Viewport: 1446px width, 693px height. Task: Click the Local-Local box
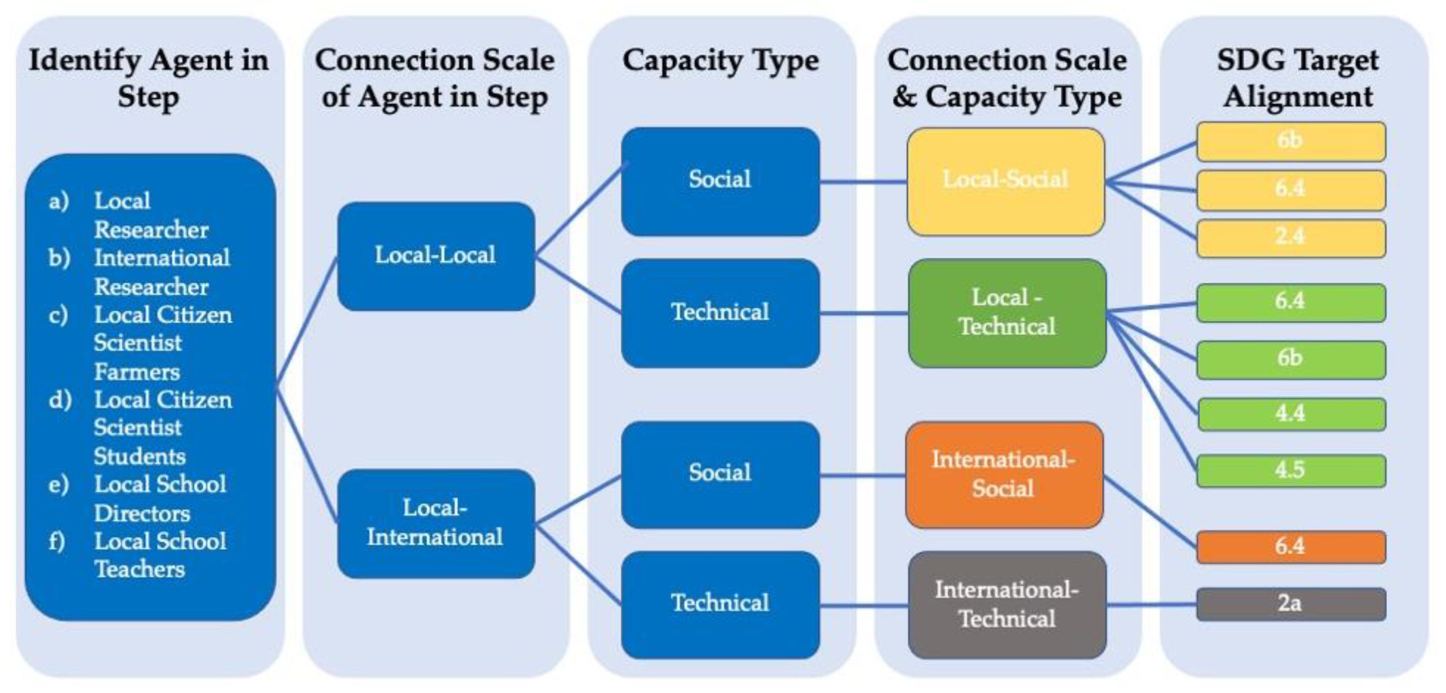436,256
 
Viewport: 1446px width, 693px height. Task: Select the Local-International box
436,523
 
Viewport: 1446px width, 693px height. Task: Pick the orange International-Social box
1004,474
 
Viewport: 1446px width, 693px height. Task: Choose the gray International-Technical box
1007,604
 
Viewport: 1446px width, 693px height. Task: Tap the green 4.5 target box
1291,470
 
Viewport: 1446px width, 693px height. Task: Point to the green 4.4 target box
1291,414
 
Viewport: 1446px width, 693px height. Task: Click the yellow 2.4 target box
1291,237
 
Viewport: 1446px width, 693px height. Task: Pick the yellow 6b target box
1291,141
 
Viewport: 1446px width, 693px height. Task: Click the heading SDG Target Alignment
1297,78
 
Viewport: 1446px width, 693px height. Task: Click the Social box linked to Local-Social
720,181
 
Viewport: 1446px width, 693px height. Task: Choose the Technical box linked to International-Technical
720,604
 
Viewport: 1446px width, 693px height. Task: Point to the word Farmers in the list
137,372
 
